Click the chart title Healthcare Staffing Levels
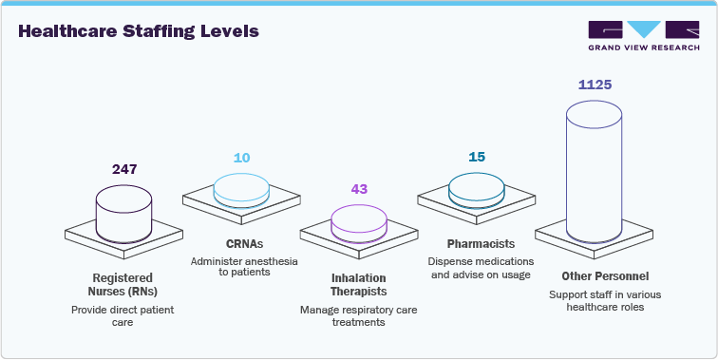pyautogui.click(x=138, y=31)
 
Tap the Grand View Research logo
pyautogui.click(x=643, y=37)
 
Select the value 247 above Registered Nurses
pyautogui.click(x=123, y=169)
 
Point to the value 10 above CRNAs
pyautogui.click(x=242, y=157)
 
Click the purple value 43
pyautogui.click(x=359, y=189)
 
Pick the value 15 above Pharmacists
pyautogui.click(x=477, y=157)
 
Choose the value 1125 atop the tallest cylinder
pyautogui.click(x=595, y=85)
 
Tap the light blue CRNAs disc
pyautogui.click(x=241, y=188)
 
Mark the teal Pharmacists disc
pyautogui.click(x=477, y=188)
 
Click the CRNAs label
pyautogui.click(x=241, y=244)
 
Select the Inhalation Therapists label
pyautogui.click(x=359, y=284)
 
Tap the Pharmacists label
pyautogui.click(x=477, y=244)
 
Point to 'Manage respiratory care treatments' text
pyautogui.click(x=359, y=316)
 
